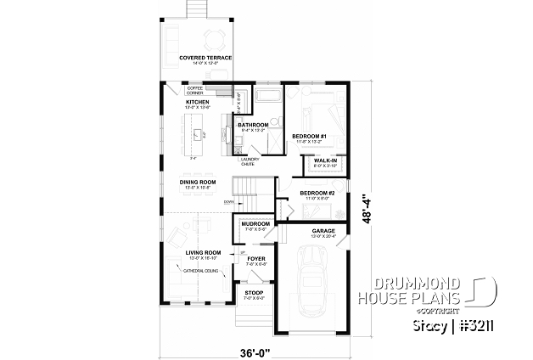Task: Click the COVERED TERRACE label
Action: click(x=199, y=58)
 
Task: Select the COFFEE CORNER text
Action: click(x=194, y=89)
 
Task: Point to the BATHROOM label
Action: click(x=253, y=125)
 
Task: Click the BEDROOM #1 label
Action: click(x=309, y=136)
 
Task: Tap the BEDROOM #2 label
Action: click(x=317, y=193)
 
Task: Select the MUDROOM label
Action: click(x=255, y=224)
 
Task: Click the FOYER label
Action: click(x=256, y=259)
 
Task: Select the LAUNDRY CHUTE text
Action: click(x=250, y=159)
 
